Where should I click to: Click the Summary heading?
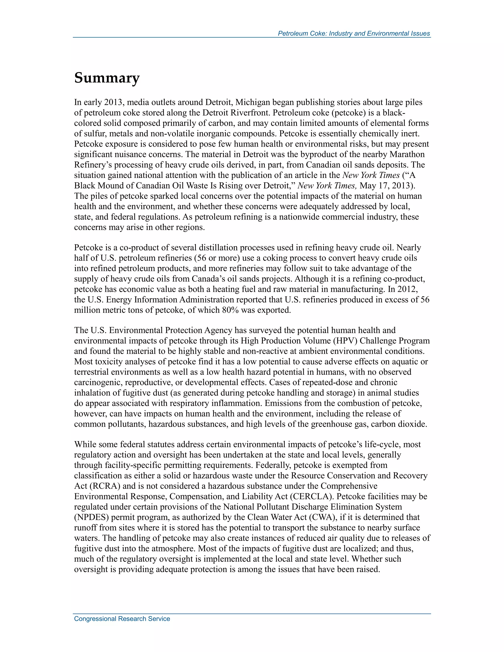[x=107, y=78]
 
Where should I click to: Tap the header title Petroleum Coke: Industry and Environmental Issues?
[x=354, y=33]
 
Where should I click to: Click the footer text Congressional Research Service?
[x=122, y=619]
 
